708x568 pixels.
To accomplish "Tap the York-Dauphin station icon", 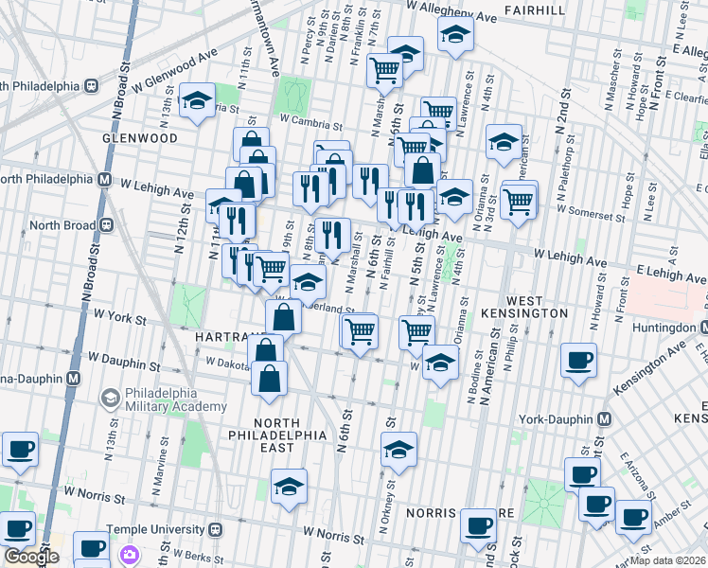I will click(603, 419).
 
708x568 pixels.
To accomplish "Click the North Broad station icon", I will click(106, 225).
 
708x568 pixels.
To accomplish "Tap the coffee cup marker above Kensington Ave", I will click(578, 360).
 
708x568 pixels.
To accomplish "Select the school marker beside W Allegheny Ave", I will click(455, 34).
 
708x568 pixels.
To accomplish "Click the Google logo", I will click(31, 557).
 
